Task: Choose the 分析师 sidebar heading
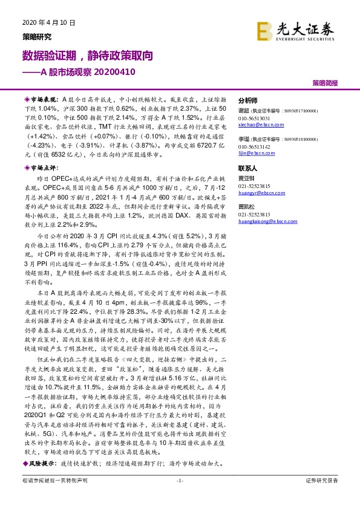point(247,101)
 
